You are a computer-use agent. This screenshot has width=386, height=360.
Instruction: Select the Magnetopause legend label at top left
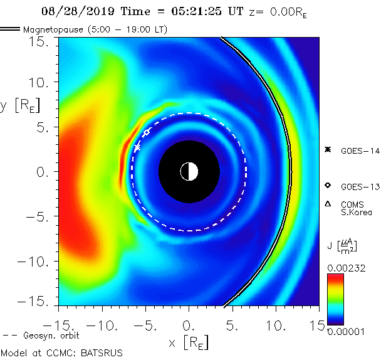[94, 29]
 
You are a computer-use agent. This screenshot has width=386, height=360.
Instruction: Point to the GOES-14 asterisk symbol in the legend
[327, 149]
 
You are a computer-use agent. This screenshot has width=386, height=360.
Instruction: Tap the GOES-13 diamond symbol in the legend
[327, 186]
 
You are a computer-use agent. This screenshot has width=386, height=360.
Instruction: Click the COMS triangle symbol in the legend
[327, 204]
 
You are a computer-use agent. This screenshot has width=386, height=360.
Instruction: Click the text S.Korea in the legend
[356, 212]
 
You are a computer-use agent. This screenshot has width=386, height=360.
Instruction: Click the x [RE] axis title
[189, 342]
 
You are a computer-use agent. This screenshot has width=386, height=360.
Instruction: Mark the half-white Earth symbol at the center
[189, 171]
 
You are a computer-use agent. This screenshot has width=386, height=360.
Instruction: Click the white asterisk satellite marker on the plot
[137, 147]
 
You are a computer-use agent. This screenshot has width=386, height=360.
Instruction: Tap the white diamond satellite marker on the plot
[146, 133]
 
